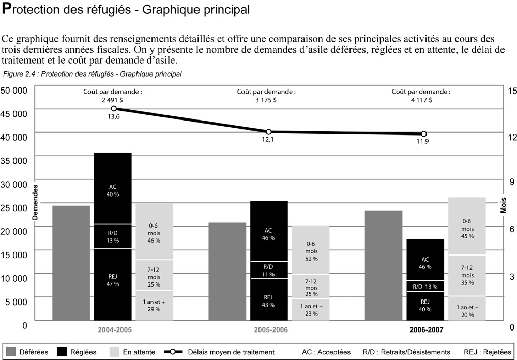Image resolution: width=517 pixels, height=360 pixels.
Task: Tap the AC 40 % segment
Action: coord(113,189)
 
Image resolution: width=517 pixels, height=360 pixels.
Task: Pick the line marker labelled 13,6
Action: coord(114,108)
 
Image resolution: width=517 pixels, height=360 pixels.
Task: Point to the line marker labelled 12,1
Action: coord(269,132)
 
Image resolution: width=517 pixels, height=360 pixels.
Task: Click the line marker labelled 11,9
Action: coord(424,133)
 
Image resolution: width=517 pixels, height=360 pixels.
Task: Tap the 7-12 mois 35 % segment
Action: coord(467,275)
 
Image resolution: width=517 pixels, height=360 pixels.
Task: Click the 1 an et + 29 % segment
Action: coord(154,305)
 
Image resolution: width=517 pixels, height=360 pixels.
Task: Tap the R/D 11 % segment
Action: coord(268,270)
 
